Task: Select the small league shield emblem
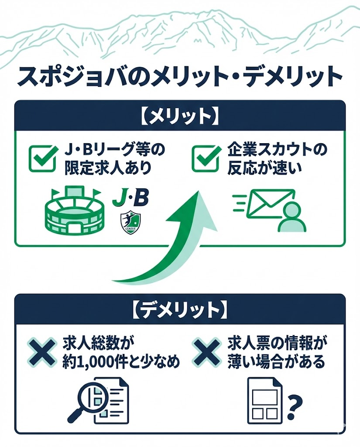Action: pos(130,223)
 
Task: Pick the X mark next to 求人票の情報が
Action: pos(207,351)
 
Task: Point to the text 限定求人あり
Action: pos(107,168)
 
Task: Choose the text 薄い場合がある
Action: pos(276,362)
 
